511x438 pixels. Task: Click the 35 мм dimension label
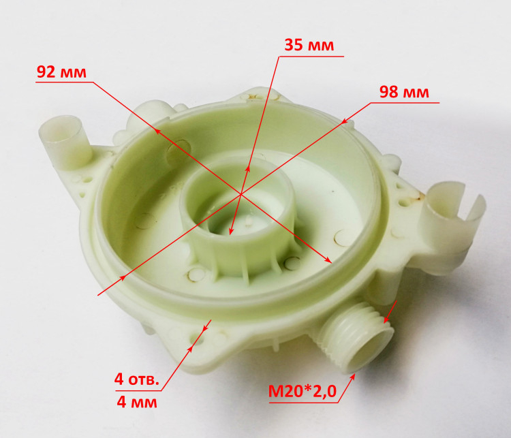click(x=309, y=45)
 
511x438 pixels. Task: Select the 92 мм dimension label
click(x=61, y=72)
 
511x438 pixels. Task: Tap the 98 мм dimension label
click(x=404, y=92)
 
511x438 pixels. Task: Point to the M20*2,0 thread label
click(x=302, y=391)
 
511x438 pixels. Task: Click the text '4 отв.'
click(x=137, y=379)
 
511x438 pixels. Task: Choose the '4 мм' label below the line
click(x=137, y=402)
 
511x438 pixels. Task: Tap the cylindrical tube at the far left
click(x=65, y=142)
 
